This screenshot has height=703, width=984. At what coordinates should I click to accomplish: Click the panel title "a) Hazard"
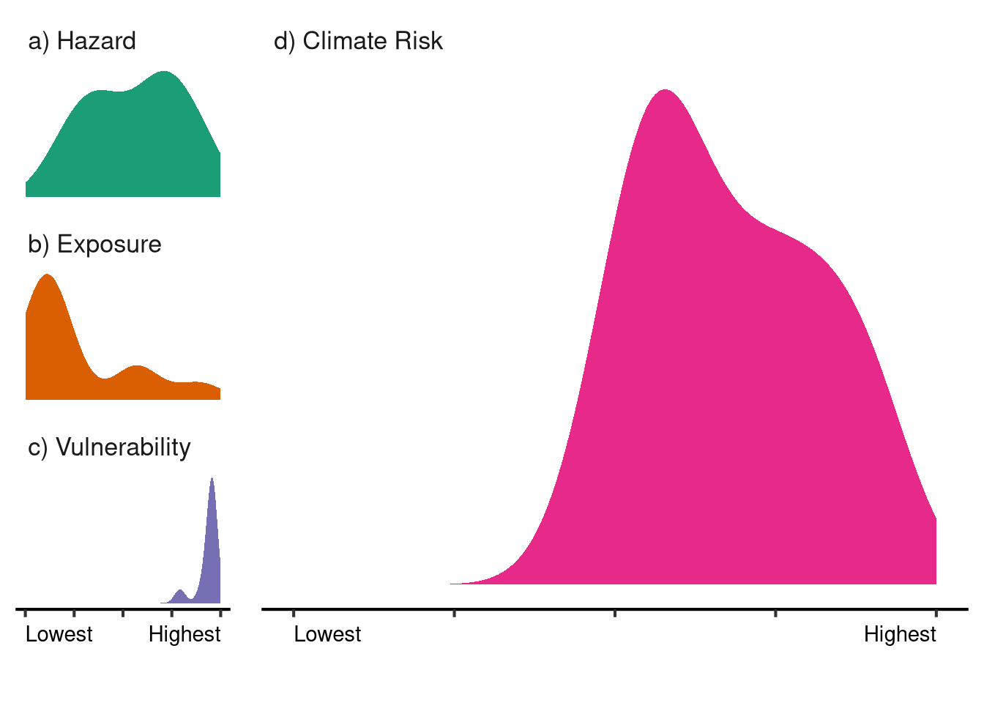coord(82,41)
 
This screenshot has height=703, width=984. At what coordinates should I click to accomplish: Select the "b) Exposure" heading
coord(94,244)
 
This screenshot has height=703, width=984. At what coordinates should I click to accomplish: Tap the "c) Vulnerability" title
coord(109,447)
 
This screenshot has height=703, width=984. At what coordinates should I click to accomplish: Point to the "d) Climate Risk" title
coord(358,41)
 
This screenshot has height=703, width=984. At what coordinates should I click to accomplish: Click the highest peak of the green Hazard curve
coord(165,72)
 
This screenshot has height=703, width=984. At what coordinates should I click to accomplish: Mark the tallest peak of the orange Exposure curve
coord(47,275)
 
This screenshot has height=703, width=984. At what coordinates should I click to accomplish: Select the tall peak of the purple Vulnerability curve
coord(212,480)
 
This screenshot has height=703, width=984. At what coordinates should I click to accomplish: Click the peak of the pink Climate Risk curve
coord(665,91)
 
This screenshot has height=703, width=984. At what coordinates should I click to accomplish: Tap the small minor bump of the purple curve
coord(180,590)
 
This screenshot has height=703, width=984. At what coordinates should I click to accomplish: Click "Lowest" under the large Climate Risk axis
coord(327,634)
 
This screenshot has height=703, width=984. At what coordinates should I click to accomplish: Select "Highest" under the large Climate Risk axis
coord(900,634)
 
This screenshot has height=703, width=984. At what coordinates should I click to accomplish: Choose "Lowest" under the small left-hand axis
coord(59,634)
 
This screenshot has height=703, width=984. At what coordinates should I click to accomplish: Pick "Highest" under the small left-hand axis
coord(184,634)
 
